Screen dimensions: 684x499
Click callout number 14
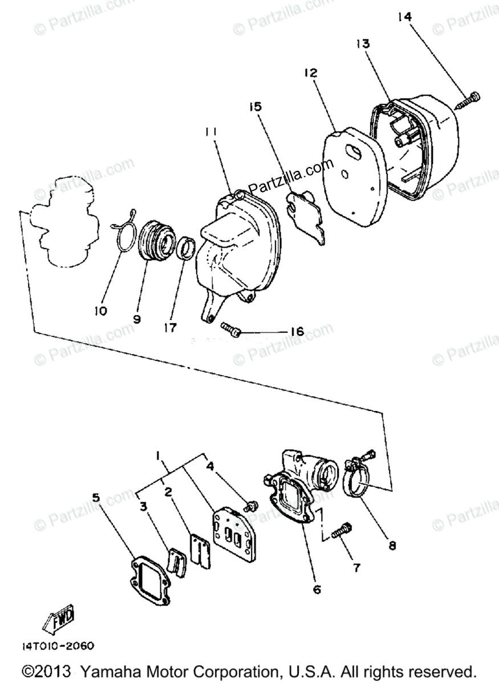pos(404,17)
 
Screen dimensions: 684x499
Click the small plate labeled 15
pos(307,216)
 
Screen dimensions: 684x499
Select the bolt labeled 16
pos(230,328)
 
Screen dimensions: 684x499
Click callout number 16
pos(297,332)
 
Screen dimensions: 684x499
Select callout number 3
pos(143,505)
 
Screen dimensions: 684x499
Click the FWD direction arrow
pos(59,622)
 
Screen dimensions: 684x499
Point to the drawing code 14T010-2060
pos(58,646)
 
